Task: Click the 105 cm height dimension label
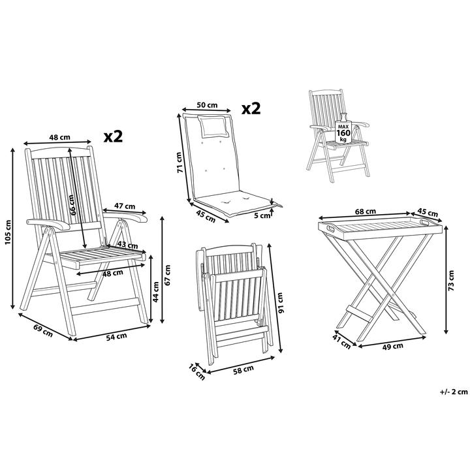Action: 8,230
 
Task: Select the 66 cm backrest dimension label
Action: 73,203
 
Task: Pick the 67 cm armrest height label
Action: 168,274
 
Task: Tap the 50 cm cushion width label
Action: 207,105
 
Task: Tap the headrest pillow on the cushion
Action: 214,124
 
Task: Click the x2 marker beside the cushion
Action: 251,108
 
